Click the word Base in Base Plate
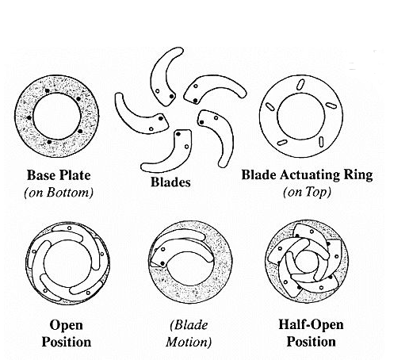[x=41, y=175]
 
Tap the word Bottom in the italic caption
[x=70, y=193]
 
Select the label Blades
[x=170, y=182]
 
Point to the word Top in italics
[x=317, y=193]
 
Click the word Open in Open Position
[x=67, y=325]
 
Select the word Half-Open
[x=311, y=325]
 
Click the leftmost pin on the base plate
[x=29, y=117]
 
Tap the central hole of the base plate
[x=57, y=117]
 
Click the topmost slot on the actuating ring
[x=300, y=85]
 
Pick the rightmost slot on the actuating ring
[x=330, y=105]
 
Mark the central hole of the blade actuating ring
[x=301, y=117]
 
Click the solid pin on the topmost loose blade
[x=171, y=97]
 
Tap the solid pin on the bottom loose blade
[x=178, y=134]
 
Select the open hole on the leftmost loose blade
[x=151, y=129]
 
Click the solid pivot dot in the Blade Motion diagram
[x=162, y=263]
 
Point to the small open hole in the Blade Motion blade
[x=163, y=249]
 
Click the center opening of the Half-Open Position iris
[x=307, y=262]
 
